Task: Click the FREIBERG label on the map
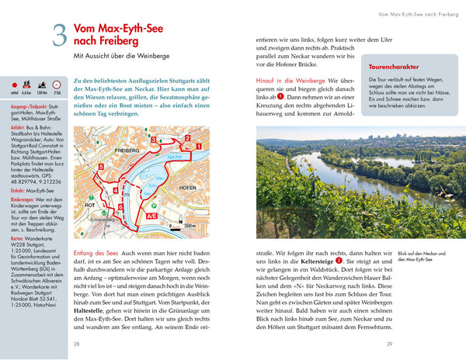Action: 127,148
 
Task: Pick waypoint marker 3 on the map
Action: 154,139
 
